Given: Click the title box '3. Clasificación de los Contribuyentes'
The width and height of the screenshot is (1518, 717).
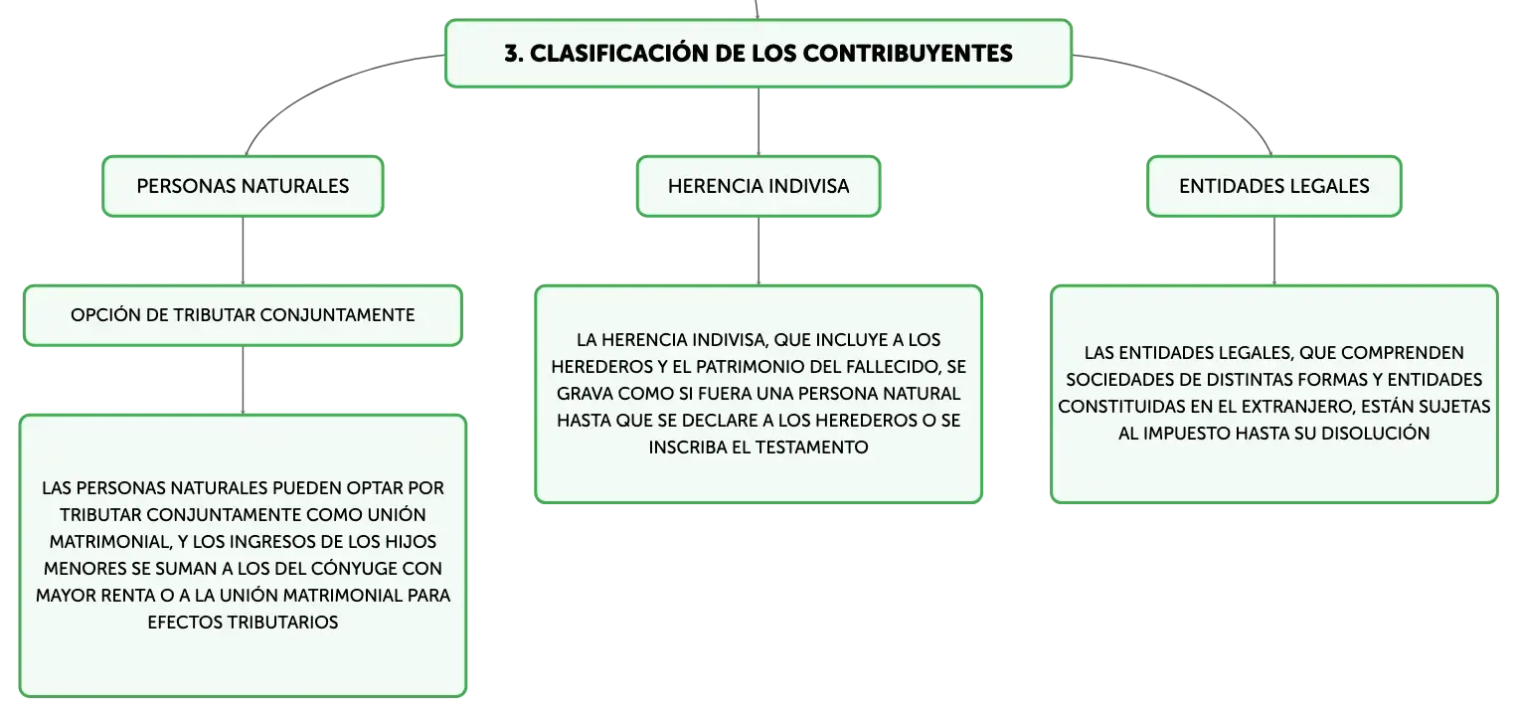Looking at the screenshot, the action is [x=759, y=54].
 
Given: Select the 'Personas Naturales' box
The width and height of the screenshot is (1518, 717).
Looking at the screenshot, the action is [x=243, y=186].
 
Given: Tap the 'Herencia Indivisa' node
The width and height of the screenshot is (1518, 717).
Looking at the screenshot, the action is [x=759, y=186].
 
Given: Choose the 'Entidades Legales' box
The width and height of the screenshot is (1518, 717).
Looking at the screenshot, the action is [x=1274, y=186].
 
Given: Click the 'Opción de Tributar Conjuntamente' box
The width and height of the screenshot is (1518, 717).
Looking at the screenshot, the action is [x=243, y=316].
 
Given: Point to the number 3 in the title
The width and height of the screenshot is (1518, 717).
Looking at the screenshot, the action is [x=512, y=54].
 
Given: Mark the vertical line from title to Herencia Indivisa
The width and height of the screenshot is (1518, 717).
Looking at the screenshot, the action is [x=759, y=122].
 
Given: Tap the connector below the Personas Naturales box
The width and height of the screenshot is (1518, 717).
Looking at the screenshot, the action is [x=243, y=251].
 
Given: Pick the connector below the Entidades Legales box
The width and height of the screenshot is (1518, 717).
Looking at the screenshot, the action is [x=1274, y=251].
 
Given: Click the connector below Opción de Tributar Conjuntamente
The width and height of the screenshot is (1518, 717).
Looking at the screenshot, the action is [x=243, y=380].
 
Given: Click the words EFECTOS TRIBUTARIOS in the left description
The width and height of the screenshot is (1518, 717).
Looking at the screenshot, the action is [x=243, y=623].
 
